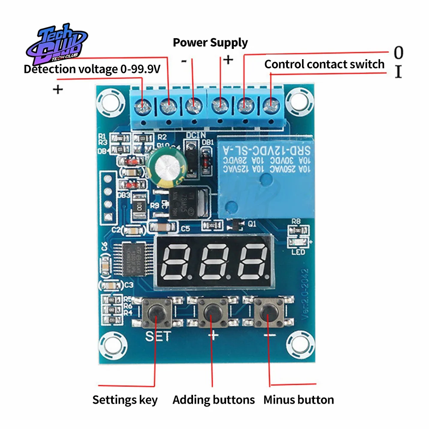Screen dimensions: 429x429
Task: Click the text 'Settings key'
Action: (125, 400)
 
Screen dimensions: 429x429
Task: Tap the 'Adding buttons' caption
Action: (214, 400)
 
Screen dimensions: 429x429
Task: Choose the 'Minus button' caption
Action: (299, 400)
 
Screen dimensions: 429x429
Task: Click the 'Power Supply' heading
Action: (210, 42)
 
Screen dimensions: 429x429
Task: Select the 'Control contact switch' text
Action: (324, 64)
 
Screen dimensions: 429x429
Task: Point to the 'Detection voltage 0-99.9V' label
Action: (92, 69)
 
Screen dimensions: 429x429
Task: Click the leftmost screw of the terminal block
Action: (143, 104)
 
